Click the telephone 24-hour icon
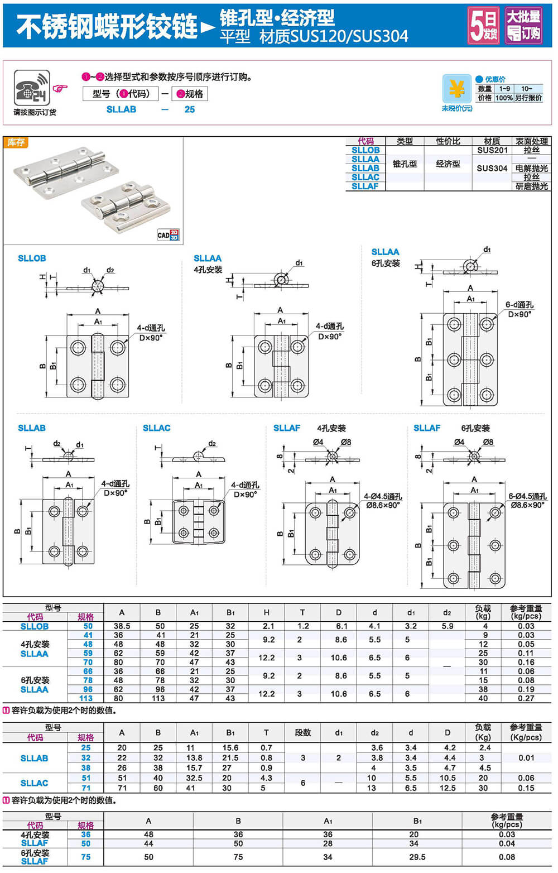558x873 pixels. click(x=32, y=88)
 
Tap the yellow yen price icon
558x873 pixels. click(x=456, y=89)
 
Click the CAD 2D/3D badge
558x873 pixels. click(x=168, y=235)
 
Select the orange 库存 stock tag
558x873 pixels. click(x=16, y=143)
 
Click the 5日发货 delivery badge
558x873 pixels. click(x=483, y=26)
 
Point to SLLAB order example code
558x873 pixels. click(x=121, y=109)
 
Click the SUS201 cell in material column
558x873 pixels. click(x=492, y=150)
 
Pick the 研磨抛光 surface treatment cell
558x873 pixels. click(x=531, y=186)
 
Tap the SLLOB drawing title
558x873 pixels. click(x=32, y=258)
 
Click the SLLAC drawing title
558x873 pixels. click(x=156, y=428)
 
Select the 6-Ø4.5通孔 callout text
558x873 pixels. click(x=527, y=496)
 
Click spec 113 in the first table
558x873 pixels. click(x=86, y=698)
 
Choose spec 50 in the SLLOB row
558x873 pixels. click(x=88, y=626)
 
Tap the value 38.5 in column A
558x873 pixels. click(x=122, y=626)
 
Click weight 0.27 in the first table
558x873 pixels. click(x=526, y=698)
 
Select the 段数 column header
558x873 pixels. click(x=302, y=732)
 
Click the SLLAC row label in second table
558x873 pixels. click(x=34, y=783)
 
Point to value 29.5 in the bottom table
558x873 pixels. click(x=417, y=857)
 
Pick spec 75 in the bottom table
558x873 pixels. click(x=86, y=857)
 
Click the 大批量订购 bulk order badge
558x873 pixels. click(x=523, y=26)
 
